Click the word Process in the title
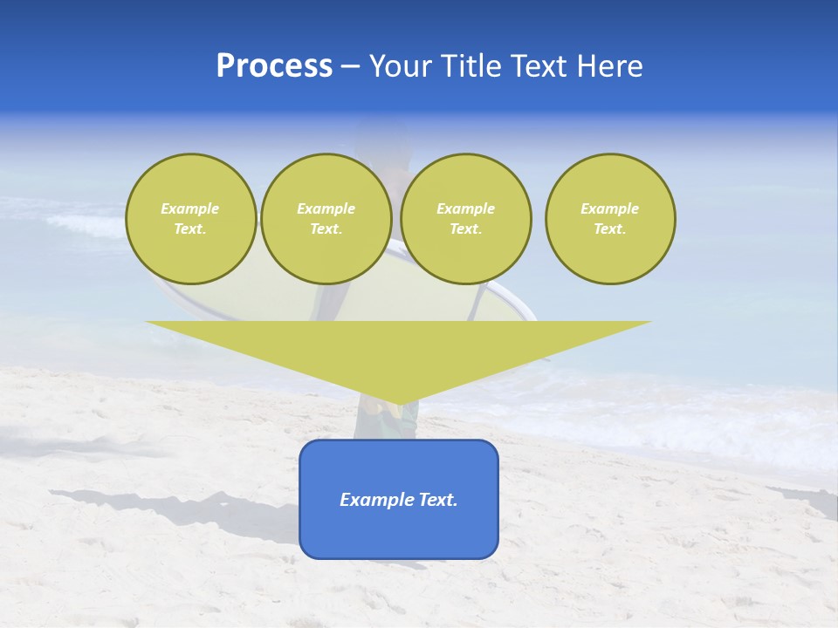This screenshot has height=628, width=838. tap(274, 66)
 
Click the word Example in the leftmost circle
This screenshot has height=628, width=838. tap(190, 208)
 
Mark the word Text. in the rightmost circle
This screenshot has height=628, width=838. tap(610, 229)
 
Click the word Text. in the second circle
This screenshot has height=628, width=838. tap(326, 229)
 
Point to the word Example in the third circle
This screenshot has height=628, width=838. tap(465, 208)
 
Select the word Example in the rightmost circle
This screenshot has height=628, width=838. tap(610, 208)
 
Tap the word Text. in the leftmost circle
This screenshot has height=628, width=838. tap(190, 229)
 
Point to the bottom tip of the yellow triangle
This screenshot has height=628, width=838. tap(399, 402)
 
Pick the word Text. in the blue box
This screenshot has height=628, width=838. tap(437, 500)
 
